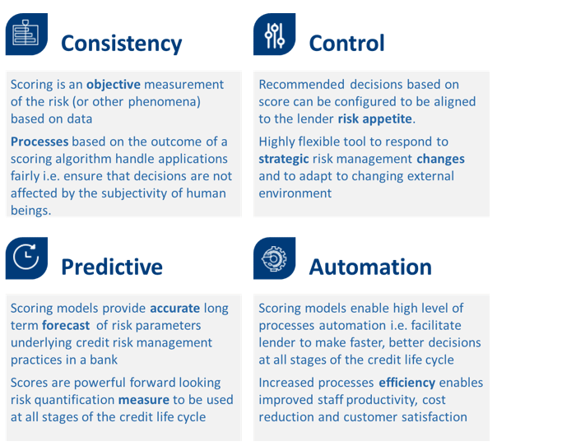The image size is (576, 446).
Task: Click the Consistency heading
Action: pyautogui.click(x=121, y=44)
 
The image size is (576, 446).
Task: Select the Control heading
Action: pyautogui.click(x=346, y=43)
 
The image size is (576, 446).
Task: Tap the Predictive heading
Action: pyautogui.click(x=112, y=267)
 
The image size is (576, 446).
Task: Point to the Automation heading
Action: pyautogui.click(x=370, y=267)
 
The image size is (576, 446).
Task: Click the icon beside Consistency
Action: pyautogui.click(x=26, y=35)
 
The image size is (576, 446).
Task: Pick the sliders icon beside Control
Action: pyautogui.click(x=274, y=35)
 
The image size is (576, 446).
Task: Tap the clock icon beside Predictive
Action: pyautogui.click(x=26, y=258)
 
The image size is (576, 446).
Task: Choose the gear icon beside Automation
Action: pyautogui.click(x=274, y=258)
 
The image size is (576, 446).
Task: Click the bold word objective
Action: pyautogui.click(x=114, y=85)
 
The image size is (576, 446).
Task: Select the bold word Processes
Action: pyautogui.click(x=39, y=142)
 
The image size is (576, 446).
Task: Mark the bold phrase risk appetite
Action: pyautogui.click(x=374, y=119)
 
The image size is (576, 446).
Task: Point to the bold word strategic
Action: pyautogui.click(x=284, y=159)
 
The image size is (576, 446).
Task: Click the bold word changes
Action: pyautogui.click(x=440, y=159)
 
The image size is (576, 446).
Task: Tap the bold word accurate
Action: pyautogui.click(x=174, y=308)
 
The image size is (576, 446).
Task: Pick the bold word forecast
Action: pyautogui.click(x=66, y=326)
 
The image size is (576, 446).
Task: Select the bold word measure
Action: pyautogui.click(x=144, y=400)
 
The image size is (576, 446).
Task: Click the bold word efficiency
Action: pyautogui.click(x=407, y=383)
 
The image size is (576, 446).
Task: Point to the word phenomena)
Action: pyautogui.click(x=165, y=102)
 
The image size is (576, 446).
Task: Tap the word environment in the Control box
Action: pyautogui.click(x=295, y=193)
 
